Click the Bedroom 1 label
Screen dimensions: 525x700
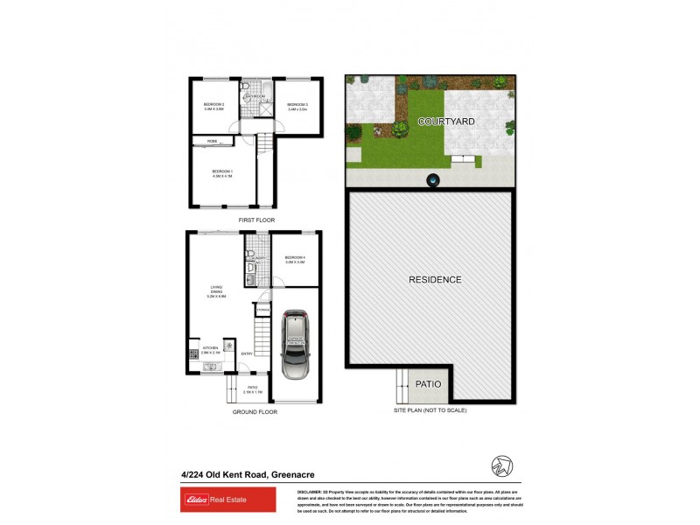(221, 173)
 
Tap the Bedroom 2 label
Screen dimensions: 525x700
(214, 107)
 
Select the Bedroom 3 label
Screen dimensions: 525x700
(297, 107)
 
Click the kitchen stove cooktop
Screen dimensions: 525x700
(192, 355)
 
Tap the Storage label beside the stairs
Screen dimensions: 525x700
(262, 310)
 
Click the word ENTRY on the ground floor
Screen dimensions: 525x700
(247, 353)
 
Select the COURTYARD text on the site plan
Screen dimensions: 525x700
(446, 121)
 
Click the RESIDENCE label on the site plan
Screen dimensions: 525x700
(435, 280)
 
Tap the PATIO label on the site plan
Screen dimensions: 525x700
(430, 384)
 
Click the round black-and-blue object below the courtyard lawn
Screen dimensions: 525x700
(432, 180)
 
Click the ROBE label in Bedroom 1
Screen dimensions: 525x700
(213, 140)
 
